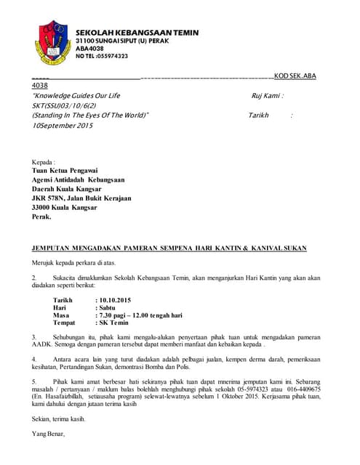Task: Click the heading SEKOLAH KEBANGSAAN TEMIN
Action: [137, 33]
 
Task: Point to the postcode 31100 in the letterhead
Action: [87, 41]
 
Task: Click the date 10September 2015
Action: [63, 125]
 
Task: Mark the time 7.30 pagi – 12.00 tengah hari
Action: [140, 315]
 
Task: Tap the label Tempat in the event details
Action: [65, 324]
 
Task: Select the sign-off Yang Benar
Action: [49, 434]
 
